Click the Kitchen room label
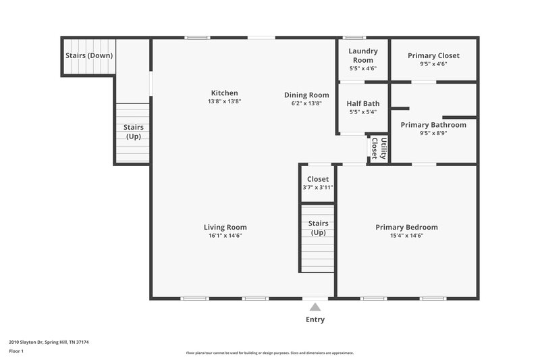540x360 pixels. point(224,93)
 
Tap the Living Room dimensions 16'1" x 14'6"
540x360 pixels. point(225,236)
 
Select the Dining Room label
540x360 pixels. point(306,95)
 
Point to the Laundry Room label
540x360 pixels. point(362,55)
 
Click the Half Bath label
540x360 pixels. point(362,103)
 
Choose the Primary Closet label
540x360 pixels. point(433,55)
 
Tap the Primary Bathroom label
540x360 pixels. point(433,125)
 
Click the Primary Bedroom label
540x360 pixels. point(406,227)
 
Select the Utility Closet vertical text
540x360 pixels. point(379,148)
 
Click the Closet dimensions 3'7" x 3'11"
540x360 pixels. point(317,188)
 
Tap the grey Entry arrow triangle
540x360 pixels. point(315,307)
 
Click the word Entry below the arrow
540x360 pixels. point(315,319)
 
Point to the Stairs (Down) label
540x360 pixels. point(88,55)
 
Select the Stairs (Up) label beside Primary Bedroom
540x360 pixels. point(318,228)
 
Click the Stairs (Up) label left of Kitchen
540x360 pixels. point(133,132)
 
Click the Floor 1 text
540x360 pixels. point(17,351)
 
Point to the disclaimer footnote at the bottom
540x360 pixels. point(269,353)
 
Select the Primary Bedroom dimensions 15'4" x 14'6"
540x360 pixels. point(406,236)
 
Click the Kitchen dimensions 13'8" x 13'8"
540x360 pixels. point(224,101)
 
